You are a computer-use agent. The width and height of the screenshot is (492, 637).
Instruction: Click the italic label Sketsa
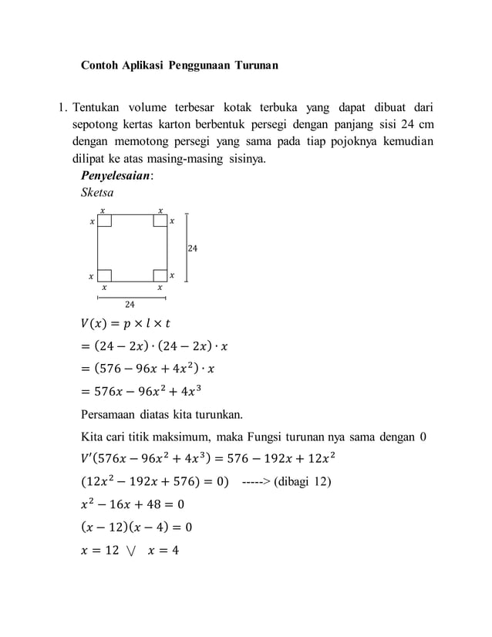[97, 193]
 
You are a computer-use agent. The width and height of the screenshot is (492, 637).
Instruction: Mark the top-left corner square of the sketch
[105, 221]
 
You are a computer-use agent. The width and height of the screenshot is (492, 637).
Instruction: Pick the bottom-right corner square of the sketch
[160, 275]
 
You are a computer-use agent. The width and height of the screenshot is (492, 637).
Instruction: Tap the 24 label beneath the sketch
[131, 305]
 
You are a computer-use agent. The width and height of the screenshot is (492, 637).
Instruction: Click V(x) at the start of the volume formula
[96, 324]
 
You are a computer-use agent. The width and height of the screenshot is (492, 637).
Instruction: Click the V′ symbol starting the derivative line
[86, 460]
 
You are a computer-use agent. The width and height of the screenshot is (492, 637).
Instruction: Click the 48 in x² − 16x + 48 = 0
[158, 505]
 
